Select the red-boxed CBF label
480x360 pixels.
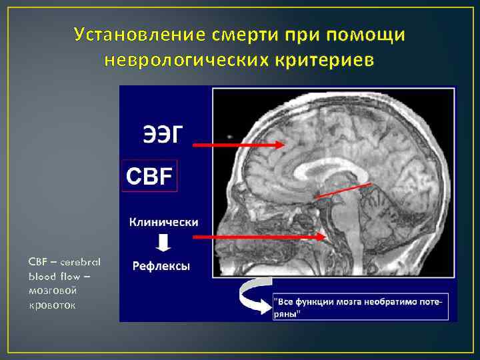pos(149,176)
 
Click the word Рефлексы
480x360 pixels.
pos(161,266)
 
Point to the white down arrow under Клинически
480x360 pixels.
pos(161,243)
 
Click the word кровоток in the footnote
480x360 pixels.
pos(53,305)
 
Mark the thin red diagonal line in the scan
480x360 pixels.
pos(343,190)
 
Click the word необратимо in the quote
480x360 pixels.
pos(391,301)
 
